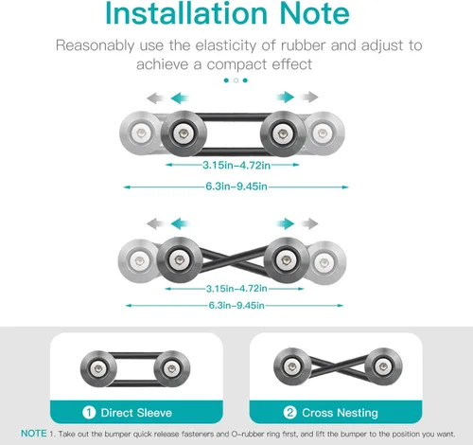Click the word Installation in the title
coord(186,13)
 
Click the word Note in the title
coord(314,13)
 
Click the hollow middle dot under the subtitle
coord(236,80)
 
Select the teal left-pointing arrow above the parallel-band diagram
coord(180,98)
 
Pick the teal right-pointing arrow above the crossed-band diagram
coord(285,223)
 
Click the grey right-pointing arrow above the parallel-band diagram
coord(309,97)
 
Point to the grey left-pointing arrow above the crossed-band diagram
coord(155,223)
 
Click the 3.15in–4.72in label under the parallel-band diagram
coord(236,165)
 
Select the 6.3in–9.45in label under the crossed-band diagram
coord(236,306)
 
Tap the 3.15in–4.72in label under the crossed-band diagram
coord(236,289)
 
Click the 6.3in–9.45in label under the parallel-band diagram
coord(236,187)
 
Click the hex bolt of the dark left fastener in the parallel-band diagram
coord(184,133)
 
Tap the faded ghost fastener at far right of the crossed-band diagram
coord(324,262)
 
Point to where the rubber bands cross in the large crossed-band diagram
coord(232,260)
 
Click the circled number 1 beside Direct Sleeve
coord(89,413)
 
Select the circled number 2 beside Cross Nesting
coord(289,413)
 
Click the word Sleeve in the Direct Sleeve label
coord(154,413)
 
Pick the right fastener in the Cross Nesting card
coord(383,366)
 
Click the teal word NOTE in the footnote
coord(34,434)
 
